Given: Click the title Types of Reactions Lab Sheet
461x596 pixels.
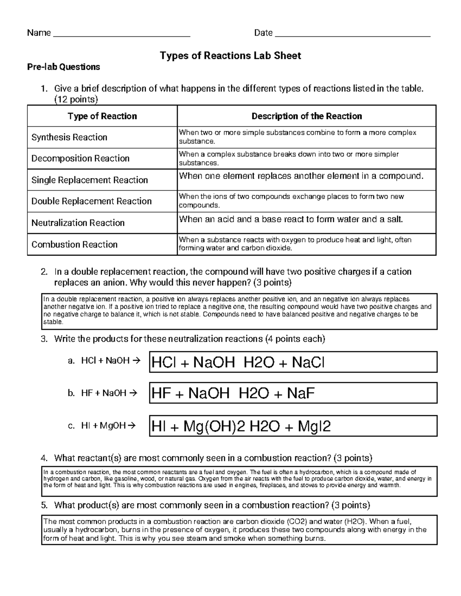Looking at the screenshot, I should click(x=230, y=56).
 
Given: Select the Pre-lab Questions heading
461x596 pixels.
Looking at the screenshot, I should click(x=63, y=67).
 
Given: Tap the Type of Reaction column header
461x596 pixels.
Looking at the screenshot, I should click(x=102, y=116).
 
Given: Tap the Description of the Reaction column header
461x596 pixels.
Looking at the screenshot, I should click(x=307, y=116).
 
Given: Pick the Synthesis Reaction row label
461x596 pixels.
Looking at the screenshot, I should click(x=69, y=137).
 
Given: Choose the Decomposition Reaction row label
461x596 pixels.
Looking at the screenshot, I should click(x=80, y=158).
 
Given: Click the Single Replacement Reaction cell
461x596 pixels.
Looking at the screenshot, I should click(x=90, y=180).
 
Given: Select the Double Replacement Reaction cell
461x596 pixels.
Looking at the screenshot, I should click(x=91, y=201).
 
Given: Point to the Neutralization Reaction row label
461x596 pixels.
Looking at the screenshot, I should click(x=78, y=223).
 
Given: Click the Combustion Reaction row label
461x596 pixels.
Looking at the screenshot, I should click(x=75, y=244).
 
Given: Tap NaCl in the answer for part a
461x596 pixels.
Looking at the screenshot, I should click(x=308, y=362).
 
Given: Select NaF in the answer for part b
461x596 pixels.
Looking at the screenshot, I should click(x=300, y=393).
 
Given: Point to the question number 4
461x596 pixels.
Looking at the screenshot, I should click(x=44, y=458).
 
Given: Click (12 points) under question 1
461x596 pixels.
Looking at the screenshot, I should click(x=76, y=100).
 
